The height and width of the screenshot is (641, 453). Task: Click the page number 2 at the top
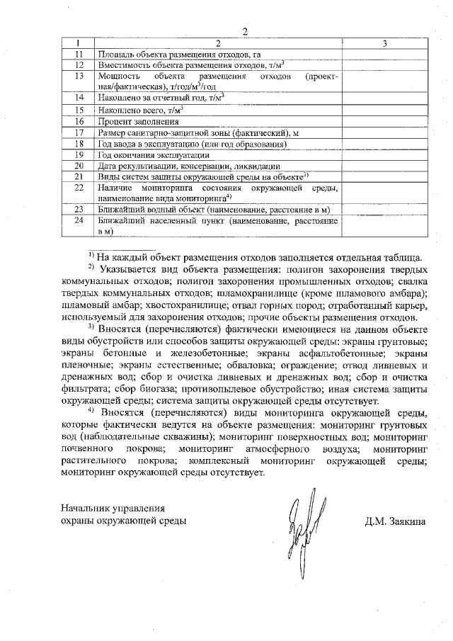245,32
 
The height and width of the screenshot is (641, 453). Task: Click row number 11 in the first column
79,55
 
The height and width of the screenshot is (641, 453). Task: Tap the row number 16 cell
79,121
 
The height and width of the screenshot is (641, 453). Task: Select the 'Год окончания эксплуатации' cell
154,154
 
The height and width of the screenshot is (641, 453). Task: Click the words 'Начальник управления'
113,508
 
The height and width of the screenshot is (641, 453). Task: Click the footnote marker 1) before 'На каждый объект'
91,255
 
